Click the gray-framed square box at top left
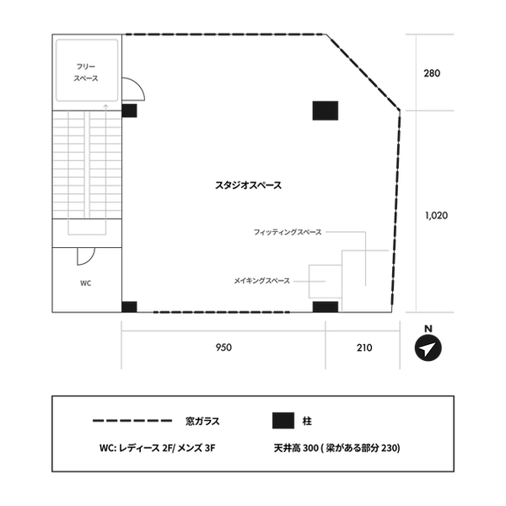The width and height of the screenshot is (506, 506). (x=87, y=71)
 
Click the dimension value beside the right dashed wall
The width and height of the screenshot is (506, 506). (x=436, y=216)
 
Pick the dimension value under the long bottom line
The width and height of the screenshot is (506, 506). (x=223, y=346)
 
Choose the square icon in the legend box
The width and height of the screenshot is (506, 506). (x=283, y=420)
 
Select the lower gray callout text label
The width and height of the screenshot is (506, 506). (x=261, y=280)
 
